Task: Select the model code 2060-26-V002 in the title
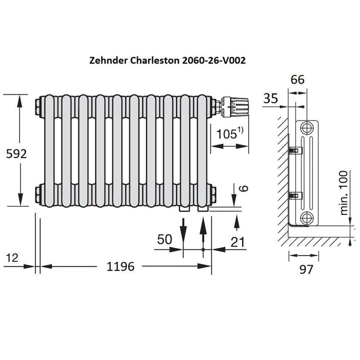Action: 213,61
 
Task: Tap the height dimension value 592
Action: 17,154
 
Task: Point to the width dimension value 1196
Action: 120,266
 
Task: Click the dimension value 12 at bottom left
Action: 12,258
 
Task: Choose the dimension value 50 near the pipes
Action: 165,240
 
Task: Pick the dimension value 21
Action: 238,242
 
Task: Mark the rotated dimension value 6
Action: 244,188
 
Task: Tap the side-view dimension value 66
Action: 298,79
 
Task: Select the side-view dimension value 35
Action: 271,98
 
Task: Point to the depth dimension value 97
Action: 306,269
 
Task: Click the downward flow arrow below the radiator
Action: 184,230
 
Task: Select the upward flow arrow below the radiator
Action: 202,230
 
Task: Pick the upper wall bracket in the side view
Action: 295,150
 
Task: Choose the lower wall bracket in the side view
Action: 295,195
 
